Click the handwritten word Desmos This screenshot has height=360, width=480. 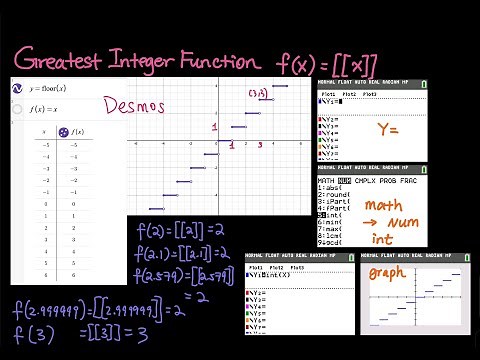coord(134,105)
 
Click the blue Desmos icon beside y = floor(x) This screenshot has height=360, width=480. coord(18,89)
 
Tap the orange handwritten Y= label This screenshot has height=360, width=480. coord(388,129)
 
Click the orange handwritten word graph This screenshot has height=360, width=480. coord(384,273)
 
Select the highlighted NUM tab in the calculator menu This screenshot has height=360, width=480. coord(344,181)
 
